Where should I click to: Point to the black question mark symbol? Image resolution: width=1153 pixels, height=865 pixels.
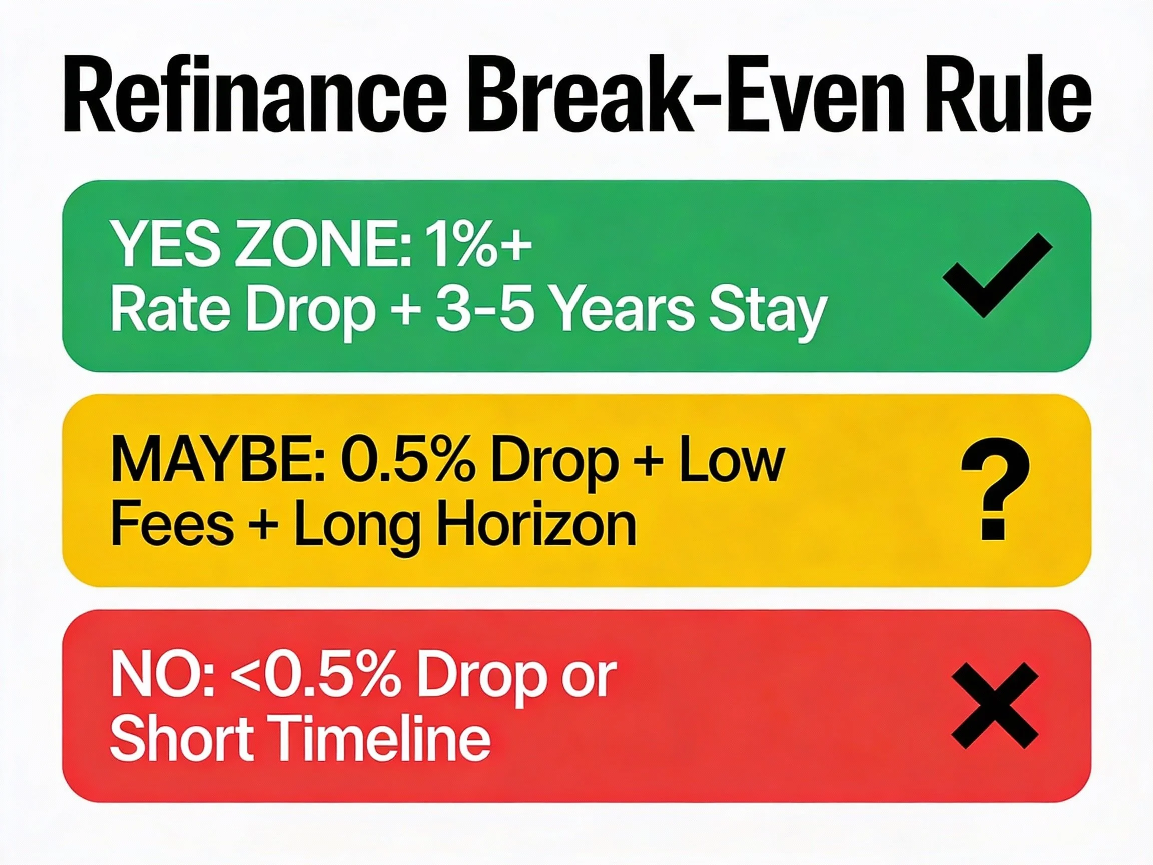[995, 496]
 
